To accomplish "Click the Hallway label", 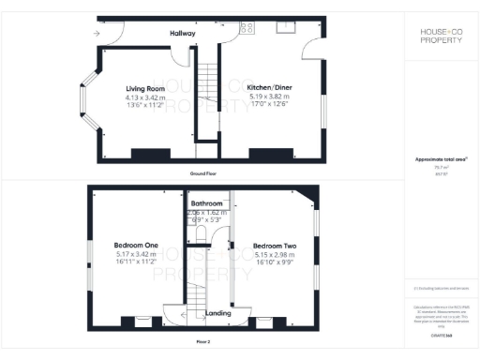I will (x=182, y=34).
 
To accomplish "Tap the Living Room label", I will (x=145, y=89).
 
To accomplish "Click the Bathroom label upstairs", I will (x=206, y=203).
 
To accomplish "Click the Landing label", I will (x=218, y=312).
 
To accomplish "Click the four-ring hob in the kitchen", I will (x=247, y=28).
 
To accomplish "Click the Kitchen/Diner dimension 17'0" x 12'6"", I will (x=270, y=104).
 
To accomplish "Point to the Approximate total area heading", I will (x=441, y=159).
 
